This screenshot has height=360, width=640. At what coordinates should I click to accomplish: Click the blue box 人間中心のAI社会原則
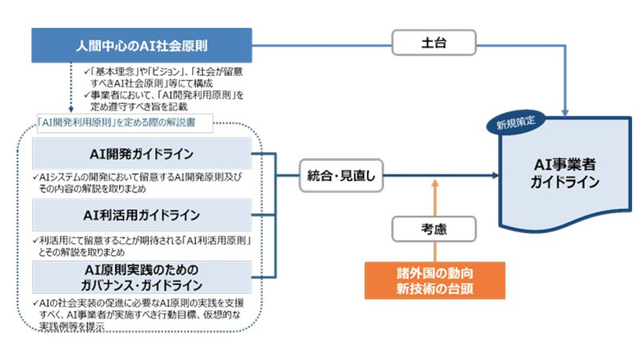click(x=142, y=44)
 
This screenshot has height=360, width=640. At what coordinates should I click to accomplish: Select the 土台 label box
click(x=434, y=44)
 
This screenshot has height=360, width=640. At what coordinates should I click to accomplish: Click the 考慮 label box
click(x=434, y=229)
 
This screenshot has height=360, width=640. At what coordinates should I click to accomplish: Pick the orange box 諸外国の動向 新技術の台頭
click(x=434, y=278)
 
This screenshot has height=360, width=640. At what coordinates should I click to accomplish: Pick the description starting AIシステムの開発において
click(x=142, y=182)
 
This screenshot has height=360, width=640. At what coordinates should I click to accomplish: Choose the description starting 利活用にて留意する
click(x=142, y=245)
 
